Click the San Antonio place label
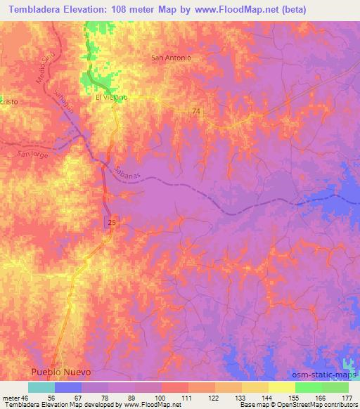(172, 58)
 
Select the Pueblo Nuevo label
(59, 371)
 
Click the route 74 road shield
(195, 112)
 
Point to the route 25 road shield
(112, 222)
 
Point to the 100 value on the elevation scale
(161, 397)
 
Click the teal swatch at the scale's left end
(41, 387)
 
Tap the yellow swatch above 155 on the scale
(281, 387)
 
